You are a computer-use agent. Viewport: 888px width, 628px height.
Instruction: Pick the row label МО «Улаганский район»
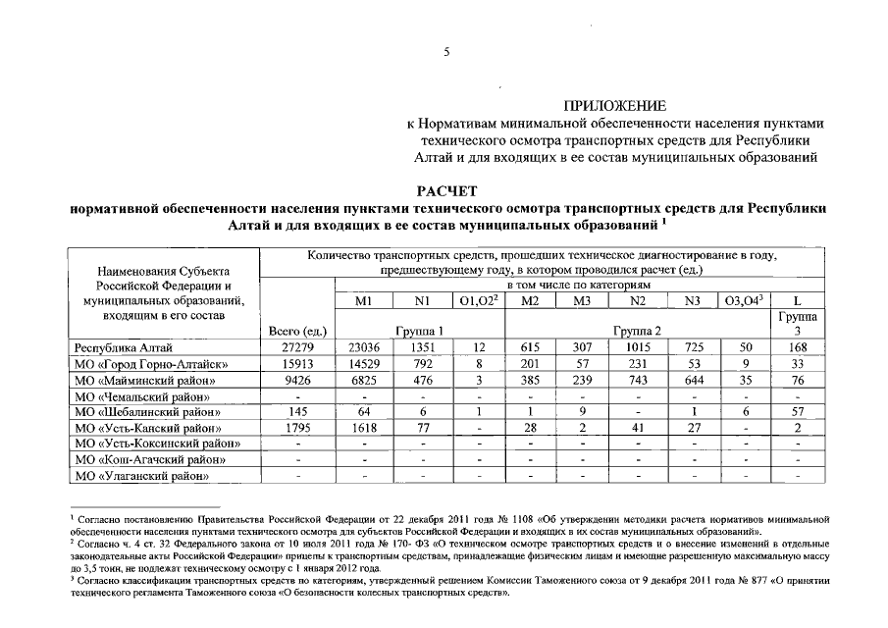click(143, 476)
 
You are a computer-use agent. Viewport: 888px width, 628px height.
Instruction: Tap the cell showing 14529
click(363, 363)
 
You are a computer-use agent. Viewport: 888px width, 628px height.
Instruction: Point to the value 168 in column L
click(800, 346)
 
